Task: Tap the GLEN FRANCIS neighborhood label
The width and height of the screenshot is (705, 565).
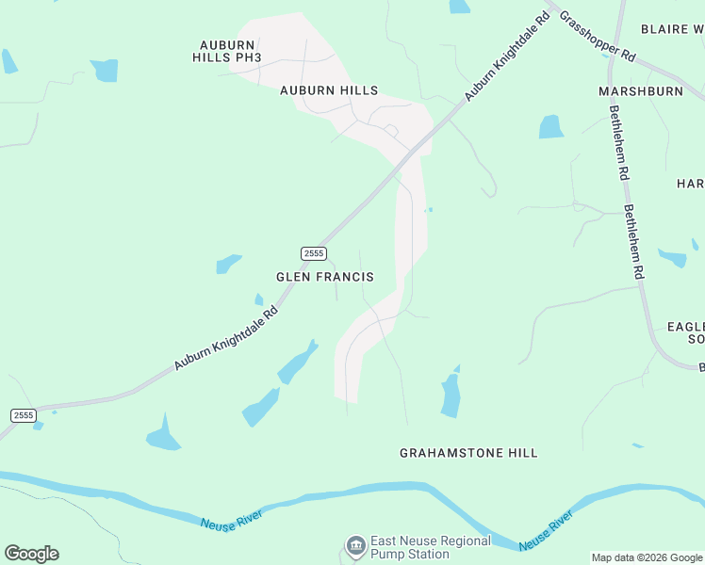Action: point(324,277)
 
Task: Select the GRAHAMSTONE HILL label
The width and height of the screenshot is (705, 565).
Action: point(468,453)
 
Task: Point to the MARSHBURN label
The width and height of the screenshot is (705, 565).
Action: point(640,91)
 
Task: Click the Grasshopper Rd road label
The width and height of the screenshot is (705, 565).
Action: point(598,37)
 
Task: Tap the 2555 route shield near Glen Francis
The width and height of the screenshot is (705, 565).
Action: point(314,253)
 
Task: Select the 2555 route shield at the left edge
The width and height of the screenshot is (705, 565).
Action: point(24,415)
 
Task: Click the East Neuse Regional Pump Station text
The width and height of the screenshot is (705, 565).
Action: point(430,547)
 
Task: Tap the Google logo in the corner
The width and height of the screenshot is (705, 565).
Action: point(31,554)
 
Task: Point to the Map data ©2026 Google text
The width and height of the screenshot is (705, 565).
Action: point(647,557)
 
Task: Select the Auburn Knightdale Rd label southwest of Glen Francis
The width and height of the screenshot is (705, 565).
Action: point(226,338)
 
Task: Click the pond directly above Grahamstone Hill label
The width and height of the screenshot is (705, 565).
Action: point(451,395)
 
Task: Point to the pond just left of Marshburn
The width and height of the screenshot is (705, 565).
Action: point(551,127)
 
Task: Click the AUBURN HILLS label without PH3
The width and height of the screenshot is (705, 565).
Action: point(329,90)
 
